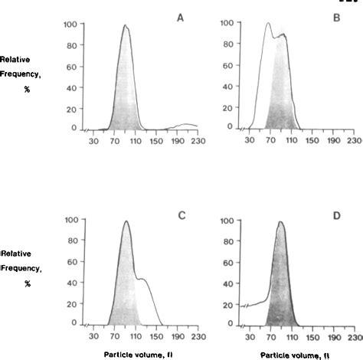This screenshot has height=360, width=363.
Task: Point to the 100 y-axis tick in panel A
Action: (x=69, y=25)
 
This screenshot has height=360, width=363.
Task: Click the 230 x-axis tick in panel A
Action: (x=198, y=141)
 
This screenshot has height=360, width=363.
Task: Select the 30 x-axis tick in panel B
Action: (x=248, y=141)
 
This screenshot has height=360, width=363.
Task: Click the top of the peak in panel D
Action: (x=281, y=223)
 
